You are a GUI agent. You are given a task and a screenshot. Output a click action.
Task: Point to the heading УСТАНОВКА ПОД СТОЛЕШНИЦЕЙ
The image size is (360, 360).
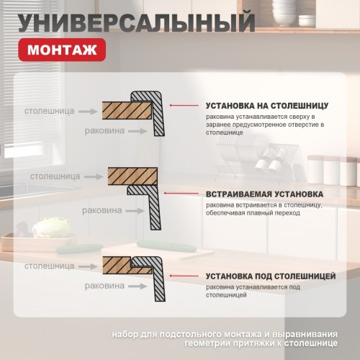(270, 276)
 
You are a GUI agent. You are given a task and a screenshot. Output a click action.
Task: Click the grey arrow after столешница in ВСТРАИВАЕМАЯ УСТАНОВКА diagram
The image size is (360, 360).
(93, 176)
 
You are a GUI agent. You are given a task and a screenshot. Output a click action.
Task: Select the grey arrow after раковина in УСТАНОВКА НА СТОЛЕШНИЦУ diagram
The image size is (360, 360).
(140, 131)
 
